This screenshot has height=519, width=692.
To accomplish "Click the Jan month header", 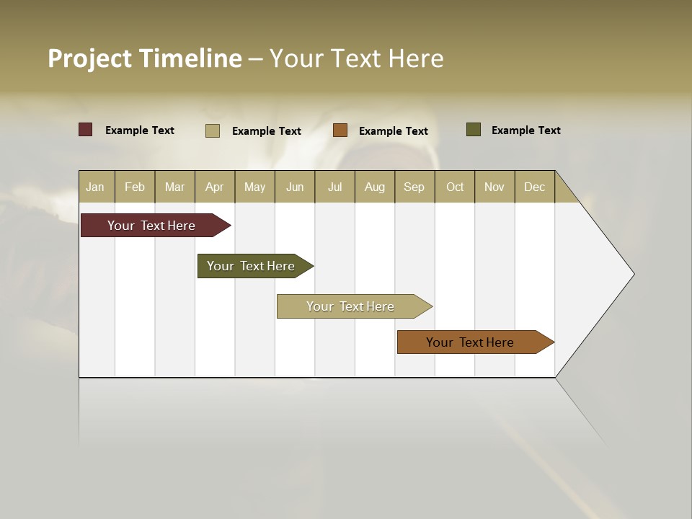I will pos(95,187).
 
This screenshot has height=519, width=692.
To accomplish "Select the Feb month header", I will pos(135,187).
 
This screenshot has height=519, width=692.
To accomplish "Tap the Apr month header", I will pos(214,187).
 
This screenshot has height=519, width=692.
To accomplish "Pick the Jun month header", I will pos(295,187).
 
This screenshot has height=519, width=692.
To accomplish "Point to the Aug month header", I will pos(374,187).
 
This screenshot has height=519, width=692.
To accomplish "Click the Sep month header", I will pos(414,187).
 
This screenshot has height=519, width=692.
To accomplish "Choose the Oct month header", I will pos(455,187).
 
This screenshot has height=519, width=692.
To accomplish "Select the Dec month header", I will pos(534,187).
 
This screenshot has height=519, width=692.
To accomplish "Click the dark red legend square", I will pos(86,130).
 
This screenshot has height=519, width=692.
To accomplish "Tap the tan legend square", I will pos(213,130).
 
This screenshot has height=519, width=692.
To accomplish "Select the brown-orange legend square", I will pos(340,130).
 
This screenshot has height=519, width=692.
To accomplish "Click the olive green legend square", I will pos(474,130).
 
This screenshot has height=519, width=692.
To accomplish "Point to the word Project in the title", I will pos(90,58).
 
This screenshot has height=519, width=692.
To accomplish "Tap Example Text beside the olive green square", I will pos(525,130).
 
